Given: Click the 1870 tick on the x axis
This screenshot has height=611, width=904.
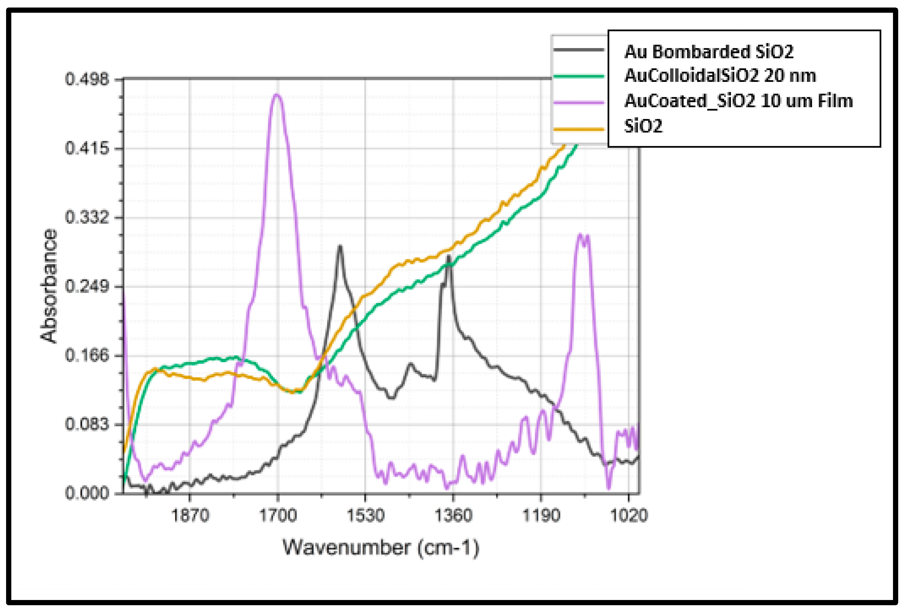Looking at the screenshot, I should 190,515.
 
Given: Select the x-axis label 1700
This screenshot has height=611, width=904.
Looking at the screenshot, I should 277,515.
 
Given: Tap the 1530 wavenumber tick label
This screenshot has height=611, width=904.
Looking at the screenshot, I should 365,515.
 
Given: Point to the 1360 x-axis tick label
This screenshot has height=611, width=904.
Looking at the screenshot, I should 453,515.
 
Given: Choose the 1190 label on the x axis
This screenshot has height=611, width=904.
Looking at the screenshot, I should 541,515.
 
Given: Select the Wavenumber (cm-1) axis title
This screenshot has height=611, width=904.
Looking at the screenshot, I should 380,548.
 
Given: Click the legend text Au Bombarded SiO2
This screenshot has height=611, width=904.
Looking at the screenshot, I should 709,52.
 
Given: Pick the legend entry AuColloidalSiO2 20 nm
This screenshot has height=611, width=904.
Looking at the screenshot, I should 720,76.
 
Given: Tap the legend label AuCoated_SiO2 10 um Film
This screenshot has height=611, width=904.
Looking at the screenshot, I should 738,101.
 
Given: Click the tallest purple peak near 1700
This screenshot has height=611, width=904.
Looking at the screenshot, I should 277,94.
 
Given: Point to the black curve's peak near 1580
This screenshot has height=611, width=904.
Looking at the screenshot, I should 340,246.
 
